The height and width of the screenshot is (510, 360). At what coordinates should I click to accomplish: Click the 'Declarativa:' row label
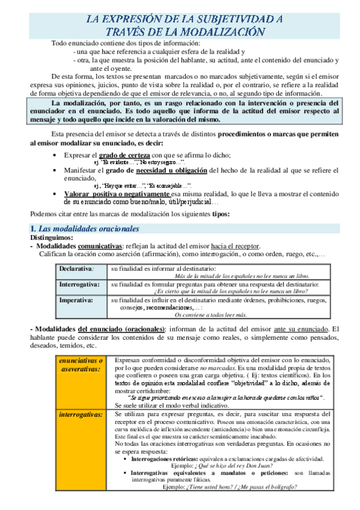(x=76, y=268)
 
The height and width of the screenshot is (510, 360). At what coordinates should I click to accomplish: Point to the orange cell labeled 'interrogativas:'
(x=81, y=415)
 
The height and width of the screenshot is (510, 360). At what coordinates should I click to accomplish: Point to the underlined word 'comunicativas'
(x=100, y=247)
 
